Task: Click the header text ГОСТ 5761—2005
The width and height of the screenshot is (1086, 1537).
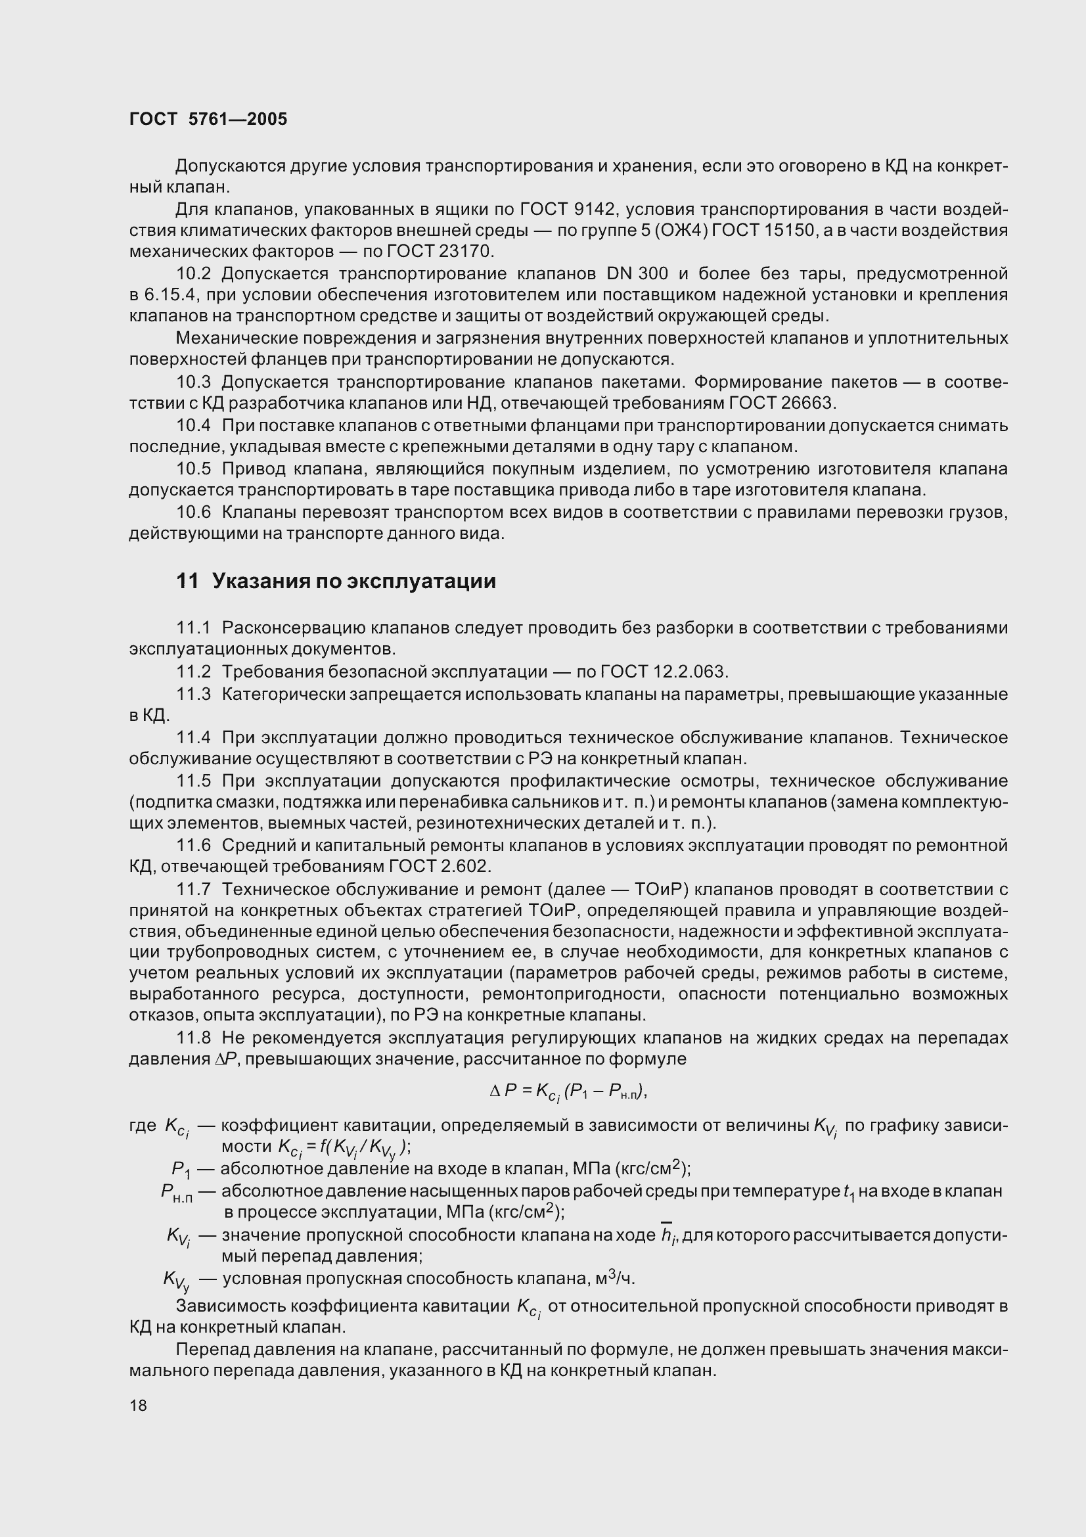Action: pyautogui.click(x=208, y=119)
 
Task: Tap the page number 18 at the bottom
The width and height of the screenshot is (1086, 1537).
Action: pyautogui.click(x=138, y=1405)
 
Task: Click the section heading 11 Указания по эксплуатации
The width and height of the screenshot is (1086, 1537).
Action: pyautogui.click(x=336, y=581)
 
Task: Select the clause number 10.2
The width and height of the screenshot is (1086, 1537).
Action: pyautogui.click(x=193, y=274)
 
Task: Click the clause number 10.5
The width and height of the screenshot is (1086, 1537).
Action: pyautogui.click(x=193, y=469)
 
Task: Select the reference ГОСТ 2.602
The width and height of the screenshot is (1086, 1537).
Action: pyautogui.click(x=439, y=866)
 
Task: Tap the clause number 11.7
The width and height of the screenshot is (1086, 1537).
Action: pyautogui.click(x=193, y=889)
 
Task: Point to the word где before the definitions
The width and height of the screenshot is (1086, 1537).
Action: pyautogui.click(x=143, y=1126)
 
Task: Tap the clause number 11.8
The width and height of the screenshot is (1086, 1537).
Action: pyautogui.click(x=193, y=1038)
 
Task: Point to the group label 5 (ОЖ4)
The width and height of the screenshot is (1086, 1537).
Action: pyautogui.click(x=677, y=231)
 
